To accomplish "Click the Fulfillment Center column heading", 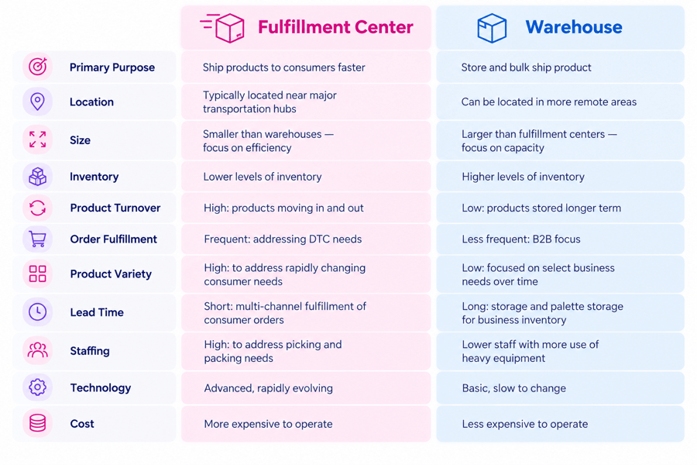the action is pyautogui.click(x=335, y=27).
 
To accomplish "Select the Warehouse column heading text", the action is pyautogui.click(x=574, y=27).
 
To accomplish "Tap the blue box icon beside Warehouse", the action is pyautogui.click(x=492, y=28).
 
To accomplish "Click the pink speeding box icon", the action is pyautogui.click(x=222, y=28).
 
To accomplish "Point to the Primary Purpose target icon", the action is pyautogui.click(x=38, y=67).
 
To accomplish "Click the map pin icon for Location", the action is pyautogui.click(x=37, y=102).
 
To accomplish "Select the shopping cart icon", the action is pyautogui.click(x=37, y=239).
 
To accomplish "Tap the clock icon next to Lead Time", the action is pyautogui.click(x=37, y=312).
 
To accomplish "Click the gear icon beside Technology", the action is pyautogui.click(x=37, y=387).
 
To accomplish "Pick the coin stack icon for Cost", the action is pyautogui.click(x=37, y=423).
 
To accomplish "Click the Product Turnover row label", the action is pyautogui.click(x=115, y=208).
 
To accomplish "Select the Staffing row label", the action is pyautogui.click(x=90, y=350).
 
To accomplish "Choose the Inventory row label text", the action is pyautogui.click(x=94, y=177).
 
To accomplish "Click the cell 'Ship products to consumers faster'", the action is pyautogui.click(x=283, y=67).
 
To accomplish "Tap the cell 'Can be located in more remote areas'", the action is pyautogui.click(x=548, y=102).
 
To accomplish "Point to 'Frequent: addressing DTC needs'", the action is pyautogui.click(x=283, y=239).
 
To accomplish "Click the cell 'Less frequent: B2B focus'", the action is pyautogui.click(x=521, y=239).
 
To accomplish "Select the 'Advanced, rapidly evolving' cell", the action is pyautogui.click(x=268, y=388).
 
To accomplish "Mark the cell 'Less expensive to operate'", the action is pyautogui.click(x=524, y=424).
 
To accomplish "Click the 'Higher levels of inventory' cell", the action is pyautogui.click(x=523, y=177).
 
